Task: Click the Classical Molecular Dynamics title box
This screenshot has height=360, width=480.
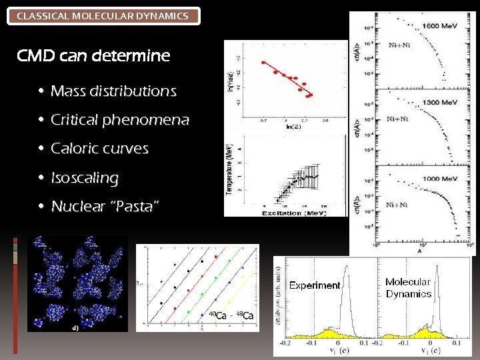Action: tap(103, 15)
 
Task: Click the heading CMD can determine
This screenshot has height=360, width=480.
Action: tap(93, 56)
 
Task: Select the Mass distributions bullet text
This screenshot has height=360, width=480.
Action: tap(113, 91)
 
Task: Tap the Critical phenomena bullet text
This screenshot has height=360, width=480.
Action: tap(120, 120)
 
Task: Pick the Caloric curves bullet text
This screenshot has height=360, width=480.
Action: tap(99, 149)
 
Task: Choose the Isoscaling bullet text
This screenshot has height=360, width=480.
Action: tap(85, 178)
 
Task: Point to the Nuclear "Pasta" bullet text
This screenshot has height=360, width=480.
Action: tap(105, 207)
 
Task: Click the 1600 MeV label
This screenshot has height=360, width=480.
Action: tap(439, 26)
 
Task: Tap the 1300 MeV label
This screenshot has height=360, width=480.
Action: tap(439, 103)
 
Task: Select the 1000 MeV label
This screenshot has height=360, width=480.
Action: tap(439, 179)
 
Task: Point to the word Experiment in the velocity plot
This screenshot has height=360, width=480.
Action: tap(315, 285)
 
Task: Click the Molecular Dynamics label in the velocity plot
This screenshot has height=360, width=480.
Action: tap(408, 288)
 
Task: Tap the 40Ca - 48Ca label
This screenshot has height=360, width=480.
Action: tap(231, 315)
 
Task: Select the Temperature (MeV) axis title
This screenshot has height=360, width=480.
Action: tap(230, 169)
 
